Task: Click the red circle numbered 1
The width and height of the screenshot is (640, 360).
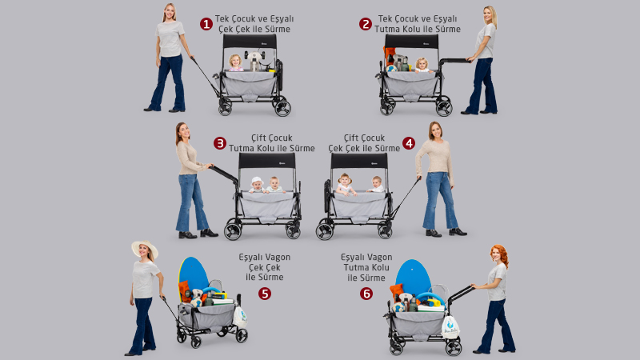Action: tap(206, 24)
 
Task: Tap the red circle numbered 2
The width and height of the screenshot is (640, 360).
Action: tap(366, 24)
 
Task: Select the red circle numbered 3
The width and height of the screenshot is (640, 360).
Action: tap(220, 143)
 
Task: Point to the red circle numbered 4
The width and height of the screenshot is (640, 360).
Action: tap(409, 143)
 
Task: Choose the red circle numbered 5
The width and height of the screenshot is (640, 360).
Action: tap(265, 294)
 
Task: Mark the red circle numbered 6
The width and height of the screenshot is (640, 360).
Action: tap(366, 294)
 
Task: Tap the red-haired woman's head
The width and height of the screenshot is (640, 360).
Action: tap(498, 254)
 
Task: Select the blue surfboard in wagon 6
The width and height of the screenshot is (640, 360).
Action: tap(413, 277)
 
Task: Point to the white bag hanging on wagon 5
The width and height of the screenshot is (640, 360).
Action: tap(240, 316)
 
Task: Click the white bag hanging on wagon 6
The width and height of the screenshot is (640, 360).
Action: tap(450, 326)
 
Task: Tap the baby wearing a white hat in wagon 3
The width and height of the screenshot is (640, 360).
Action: tap(257, 186)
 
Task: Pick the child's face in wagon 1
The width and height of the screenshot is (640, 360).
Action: tap(235, 62)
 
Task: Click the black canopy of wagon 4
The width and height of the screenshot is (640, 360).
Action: tap(359, 161)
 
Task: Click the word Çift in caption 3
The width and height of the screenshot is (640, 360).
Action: tap(259, 138)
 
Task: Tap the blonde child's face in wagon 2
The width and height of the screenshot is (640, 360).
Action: tap(422, 64)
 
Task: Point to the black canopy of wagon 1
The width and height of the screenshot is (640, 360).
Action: tap(250, 42)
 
